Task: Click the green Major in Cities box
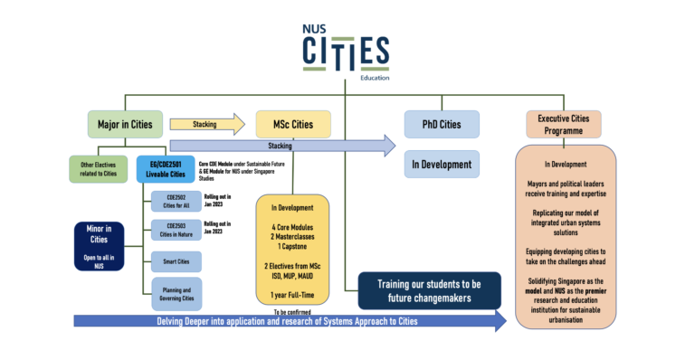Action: [x=125, y=123]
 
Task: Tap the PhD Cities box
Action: [x=441, y=123]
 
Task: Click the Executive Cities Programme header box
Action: [x=563, y=124]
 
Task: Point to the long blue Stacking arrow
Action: [x=281, y=145]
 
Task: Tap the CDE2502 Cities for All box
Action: [x=176, y=201]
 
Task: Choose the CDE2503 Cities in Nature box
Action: [x=176, y=229]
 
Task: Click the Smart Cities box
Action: [x=176, y=261]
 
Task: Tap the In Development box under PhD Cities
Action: [x=441, y=164]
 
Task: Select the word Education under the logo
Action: [x=375, y=78]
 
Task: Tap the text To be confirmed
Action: [x=293, y=311]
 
